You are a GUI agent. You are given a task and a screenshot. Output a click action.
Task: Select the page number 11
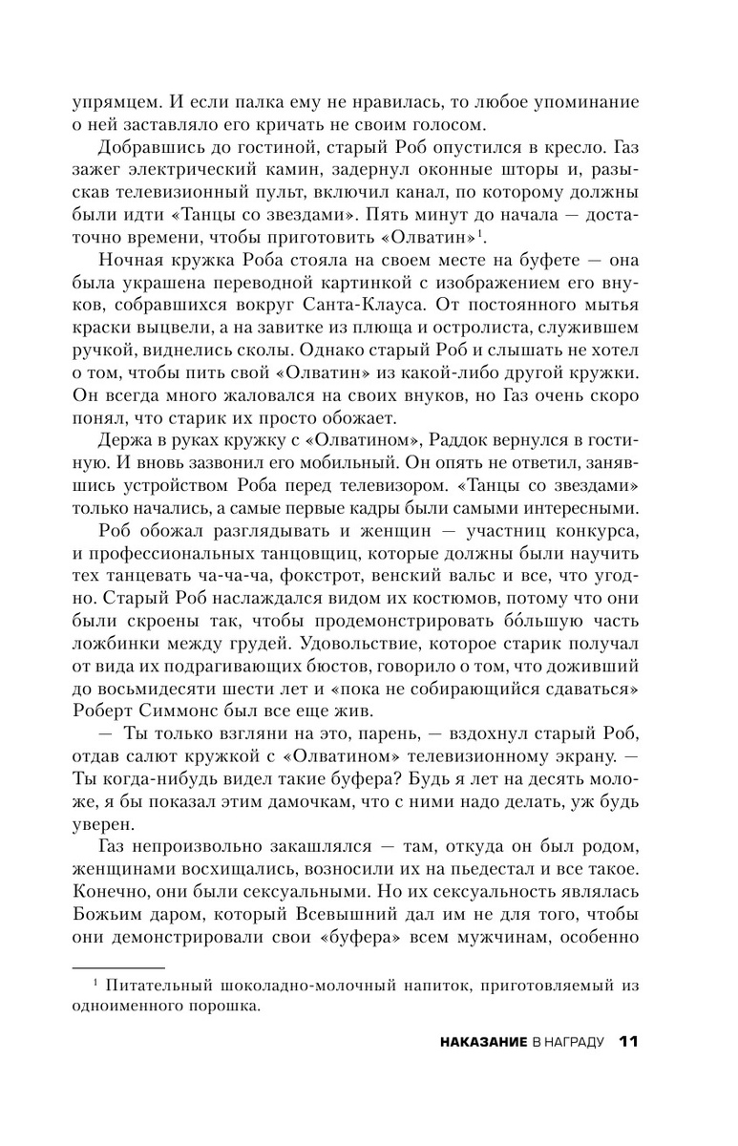pyautogui.click(x=629, y=1067)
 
